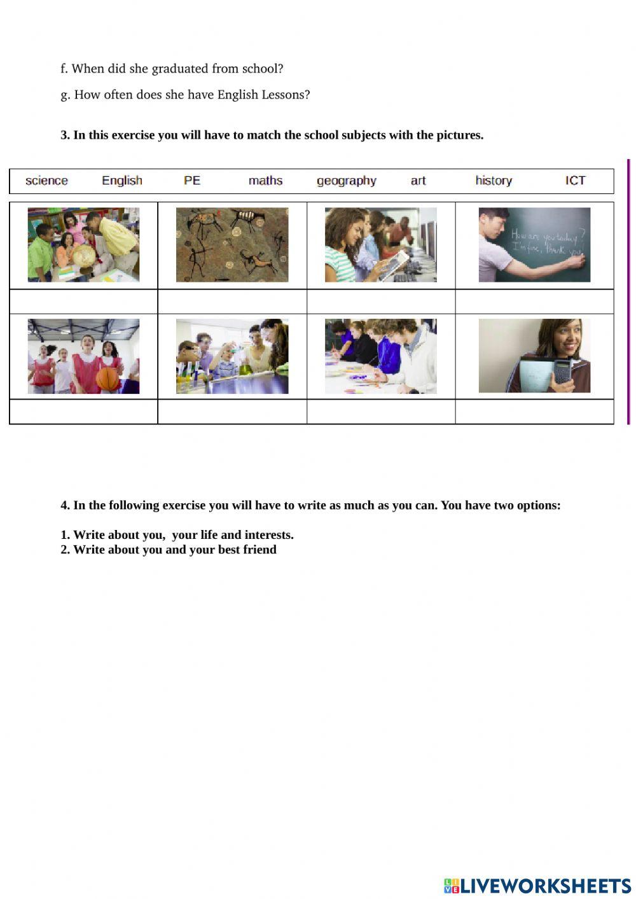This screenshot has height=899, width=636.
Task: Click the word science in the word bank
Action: (x=46, y=181)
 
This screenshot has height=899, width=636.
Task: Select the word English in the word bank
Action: (x=122, y=181)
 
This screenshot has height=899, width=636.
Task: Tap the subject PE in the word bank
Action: (x=192, y=181)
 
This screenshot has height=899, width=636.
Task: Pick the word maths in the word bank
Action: (x=265, y=181)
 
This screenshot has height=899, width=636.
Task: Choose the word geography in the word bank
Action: (x=347, y=181)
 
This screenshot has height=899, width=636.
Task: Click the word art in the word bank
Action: (x=418, y=181)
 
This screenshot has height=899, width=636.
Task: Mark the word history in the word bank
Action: (x=494, y=181)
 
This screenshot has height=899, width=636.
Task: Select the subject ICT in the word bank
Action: (x=575, y=181)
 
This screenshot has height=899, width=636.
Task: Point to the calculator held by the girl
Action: (x=563, y=372)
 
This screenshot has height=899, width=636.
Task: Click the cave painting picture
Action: (x=232, y=245)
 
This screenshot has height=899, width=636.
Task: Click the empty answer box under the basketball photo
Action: (x=83, y=412)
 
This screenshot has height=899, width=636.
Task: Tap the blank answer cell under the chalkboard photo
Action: (x=534, y=302)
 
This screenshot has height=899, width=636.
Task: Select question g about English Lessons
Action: (x=185, y=95)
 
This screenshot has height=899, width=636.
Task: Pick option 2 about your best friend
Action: (x=169, y=550)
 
